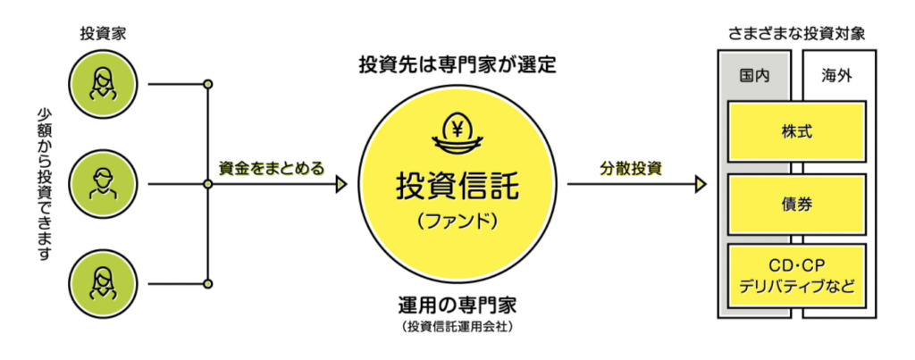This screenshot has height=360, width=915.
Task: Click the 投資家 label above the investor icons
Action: pyautogui.click(x=103, y=35)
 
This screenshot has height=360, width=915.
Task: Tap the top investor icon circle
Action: pyautogui.click(x=104, y=84)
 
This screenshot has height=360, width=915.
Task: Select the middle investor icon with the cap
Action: pyautogui.click(x=104, y=184)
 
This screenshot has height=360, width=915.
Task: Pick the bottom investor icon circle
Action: pyautogui.click(x=104, y=284)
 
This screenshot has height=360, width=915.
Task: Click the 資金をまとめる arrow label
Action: pyautogui.click(x=271, y=169)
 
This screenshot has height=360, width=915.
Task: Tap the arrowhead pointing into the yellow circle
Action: pyautogui.click(x=341, y=184)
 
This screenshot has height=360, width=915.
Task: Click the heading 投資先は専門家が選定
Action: pyautogui.click(x=457, y=65)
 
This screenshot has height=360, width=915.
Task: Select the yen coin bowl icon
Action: pyautogui.click(x=457, y=135)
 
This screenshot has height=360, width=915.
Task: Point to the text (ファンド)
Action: pyautogui.click(x=457, y=222)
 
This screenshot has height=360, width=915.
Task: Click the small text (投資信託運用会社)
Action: pyautogui.click(x=457, y=327)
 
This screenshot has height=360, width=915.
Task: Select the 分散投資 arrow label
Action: pyautogui.click(x=631, y=169)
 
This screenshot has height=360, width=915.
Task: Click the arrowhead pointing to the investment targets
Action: pyautogui.click(x=701, y=184)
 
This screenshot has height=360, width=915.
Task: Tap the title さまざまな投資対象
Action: pyautogui.click(x=796, y=35)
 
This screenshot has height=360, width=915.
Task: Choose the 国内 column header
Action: pyautogui.click(x=754, y=77)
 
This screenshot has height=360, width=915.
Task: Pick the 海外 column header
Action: pyautogui.click(x=839, y=77)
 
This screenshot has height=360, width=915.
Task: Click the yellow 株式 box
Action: pyautogui.click(x=796, y=132)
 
